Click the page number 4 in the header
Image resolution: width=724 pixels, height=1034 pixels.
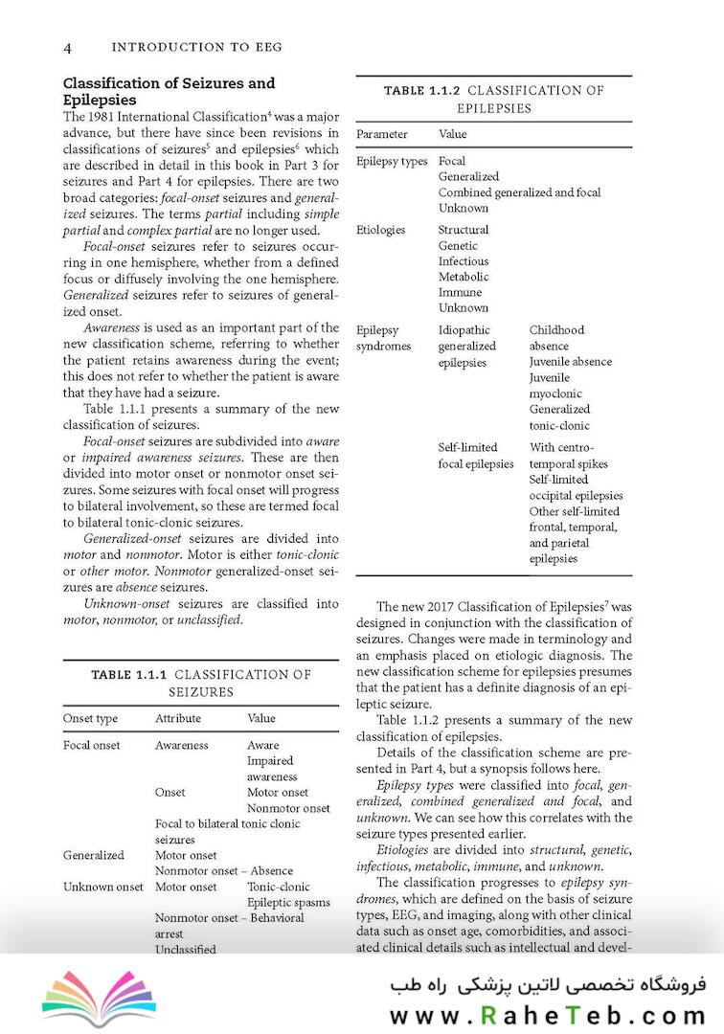click(68, 47)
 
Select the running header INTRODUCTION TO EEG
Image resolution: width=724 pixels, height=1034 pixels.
click(196, 47)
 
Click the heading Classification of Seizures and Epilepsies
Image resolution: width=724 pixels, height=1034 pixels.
click(169, 91)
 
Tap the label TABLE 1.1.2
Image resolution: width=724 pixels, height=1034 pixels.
click(422, 91)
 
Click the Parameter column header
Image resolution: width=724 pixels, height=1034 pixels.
click(381, 134)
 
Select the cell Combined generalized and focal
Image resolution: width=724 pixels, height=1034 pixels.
click(519, 192)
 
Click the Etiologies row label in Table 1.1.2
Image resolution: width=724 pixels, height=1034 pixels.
click(380, 230)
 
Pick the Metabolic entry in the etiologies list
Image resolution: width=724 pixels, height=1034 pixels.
click(464, 277)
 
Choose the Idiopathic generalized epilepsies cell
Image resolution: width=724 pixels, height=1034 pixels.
click(467, 347)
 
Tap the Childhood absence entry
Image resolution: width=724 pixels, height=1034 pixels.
click(556, 338)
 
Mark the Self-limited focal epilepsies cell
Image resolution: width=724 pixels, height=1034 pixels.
click(475, 456)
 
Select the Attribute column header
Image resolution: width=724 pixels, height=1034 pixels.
click(178, 718)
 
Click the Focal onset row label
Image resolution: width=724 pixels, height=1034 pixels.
click(92, 745)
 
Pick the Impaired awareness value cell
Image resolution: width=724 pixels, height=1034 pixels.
click(271, 769)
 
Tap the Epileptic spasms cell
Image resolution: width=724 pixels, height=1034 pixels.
click(288, 902)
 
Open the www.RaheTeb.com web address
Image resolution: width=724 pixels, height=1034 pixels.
click(547, 1015)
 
